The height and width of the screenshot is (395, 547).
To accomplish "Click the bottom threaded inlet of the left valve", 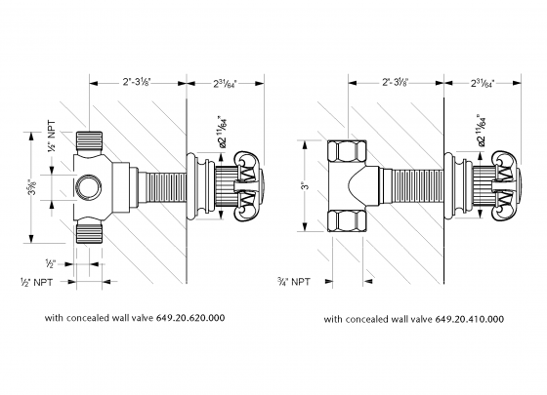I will click(89, 230).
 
